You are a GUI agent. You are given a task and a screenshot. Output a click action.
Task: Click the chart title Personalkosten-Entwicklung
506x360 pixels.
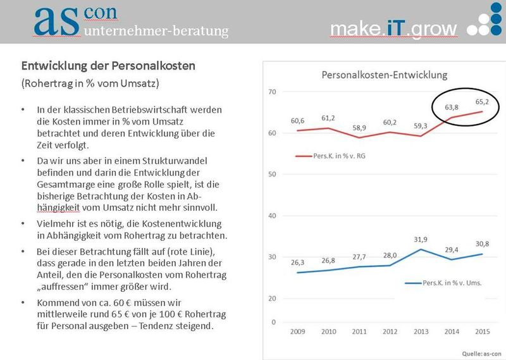click(385, 75)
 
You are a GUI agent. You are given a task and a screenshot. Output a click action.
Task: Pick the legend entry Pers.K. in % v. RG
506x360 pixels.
click(328, 155)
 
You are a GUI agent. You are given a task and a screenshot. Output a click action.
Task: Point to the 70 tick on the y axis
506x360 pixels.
click(273, 92)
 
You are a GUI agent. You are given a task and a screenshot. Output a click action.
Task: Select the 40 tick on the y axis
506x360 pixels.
click(273, 216)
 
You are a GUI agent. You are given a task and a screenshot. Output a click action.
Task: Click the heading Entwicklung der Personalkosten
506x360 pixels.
click(109, 65)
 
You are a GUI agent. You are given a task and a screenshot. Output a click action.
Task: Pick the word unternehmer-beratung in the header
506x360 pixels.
click(156, 30)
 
